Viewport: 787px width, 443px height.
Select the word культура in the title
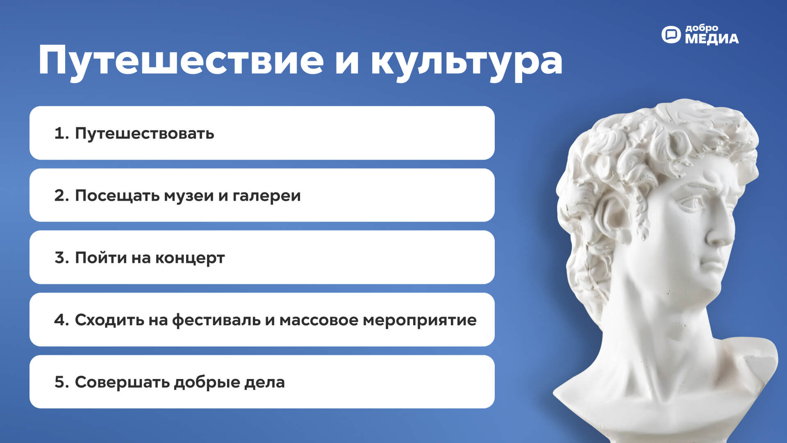pyautogui.click(x=467, y=62)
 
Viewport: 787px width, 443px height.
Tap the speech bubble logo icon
pyautogui.click(x=671, y=34)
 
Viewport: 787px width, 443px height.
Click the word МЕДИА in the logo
pyautogui.click(x=712, y=39)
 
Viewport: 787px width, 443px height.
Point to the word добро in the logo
pyautogui.click(x=702, y=28)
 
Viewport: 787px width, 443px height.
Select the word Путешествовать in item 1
pyautogui.click(x=144, y=134)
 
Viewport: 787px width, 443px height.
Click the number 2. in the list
pyautogui.click(x=61, y=196)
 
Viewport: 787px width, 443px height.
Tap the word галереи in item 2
pyautogui.click(x=266, y=196)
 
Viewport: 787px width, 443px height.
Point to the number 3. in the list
pyautogui.click(x=61, y=258)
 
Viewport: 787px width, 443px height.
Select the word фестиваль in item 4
pyautogui.click(x=216, y=320)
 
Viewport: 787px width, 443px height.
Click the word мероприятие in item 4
pyautogui.click(x=420, y=321)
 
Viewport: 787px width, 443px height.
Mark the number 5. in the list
pyautogui.click(x=61, y=382)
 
